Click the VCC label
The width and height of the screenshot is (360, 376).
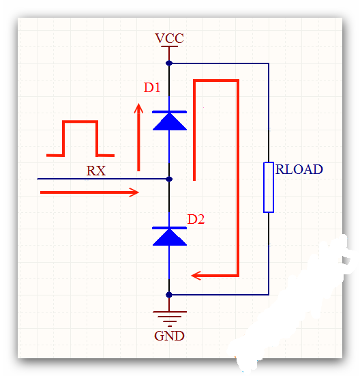(169, 38)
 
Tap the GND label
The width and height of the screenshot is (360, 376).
(169, 336)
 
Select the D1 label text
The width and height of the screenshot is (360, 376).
(152, 87)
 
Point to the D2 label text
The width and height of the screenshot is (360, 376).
(196, 219)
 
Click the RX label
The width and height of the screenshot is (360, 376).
(96, 171)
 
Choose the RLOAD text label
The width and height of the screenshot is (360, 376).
(299, 169)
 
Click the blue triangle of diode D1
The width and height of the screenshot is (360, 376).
(170, 122)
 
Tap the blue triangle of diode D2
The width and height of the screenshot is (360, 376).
(170, 238)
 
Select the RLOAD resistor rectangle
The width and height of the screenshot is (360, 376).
(269, 187)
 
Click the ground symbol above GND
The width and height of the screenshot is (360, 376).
(170, 319)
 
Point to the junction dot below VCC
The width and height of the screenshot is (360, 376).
(169, 63)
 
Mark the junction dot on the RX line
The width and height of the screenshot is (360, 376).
(169, 179)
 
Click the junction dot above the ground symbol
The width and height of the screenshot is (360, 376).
(169, 295)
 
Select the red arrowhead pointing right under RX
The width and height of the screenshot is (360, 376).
(134, 192)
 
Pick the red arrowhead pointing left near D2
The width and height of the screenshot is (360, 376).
(196, 276)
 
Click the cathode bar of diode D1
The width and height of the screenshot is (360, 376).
(170, 112)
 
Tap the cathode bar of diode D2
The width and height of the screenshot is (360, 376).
(170, 228)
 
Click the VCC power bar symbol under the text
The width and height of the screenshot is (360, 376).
(169, 46)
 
